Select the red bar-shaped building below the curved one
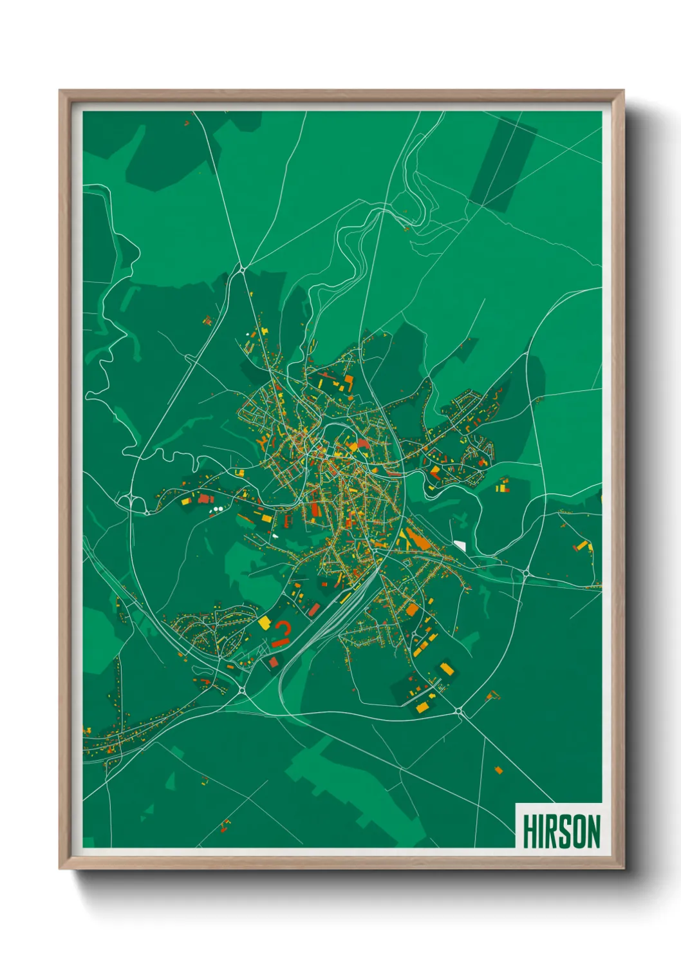coord(279,642)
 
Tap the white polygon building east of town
coord(460,545)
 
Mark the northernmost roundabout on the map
coord(241,269)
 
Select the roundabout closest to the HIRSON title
coord(459,711)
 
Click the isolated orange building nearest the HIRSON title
coord(498,769)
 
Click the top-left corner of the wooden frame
coord(60,91)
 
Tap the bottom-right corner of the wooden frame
coord(623,869)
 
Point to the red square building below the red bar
coord(273,662)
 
